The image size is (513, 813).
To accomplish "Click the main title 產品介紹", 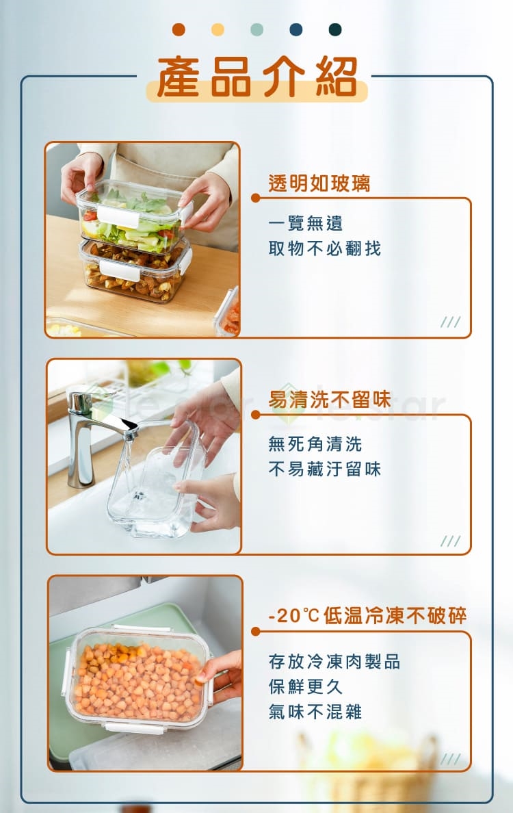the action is [257, 77].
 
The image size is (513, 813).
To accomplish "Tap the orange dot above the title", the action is [179, 29].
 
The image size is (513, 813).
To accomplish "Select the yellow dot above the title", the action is [218, 29].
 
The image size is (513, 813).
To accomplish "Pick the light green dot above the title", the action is [256, 29].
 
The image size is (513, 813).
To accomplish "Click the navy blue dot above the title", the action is [296, 29].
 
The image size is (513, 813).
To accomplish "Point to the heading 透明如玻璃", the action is [319, 183].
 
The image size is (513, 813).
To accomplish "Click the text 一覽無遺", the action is [306, 224].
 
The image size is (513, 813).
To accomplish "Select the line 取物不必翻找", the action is [325, 249].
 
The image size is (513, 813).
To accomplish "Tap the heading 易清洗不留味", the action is [330, 399].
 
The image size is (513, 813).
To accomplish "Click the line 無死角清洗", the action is [315, 444].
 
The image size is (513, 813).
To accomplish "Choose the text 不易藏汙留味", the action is [325, 469].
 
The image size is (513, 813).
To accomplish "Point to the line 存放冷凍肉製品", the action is [334, 662].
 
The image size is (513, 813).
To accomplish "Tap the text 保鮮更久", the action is [306, 686].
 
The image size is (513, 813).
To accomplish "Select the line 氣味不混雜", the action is [315, 712].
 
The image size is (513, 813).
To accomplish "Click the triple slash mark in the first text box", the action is [450, 322].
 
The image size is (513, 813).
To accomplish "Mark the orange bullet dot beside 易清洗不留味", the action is [255, 415].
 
